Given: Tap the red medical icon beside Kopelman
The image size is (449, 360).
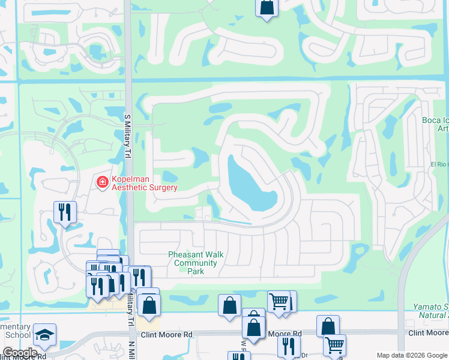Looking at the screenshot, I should pos(103,181).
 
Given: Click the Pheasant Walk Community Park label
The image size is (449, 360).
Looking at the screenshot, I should pos(196,263).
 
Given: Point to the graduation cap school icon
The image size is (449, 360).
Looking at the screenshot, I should pos(44,335).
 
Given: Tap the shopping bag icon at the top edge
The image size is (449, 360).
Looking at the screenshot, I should pos(266,8).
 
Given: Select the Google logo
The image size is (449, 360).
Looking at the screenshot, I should pos(19,353).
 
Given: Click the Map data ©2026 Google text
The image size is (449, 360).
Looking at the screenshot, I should pos(412,355).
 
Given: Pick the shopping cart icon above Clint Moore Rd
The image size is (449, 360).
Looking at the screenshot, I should pos(279,301).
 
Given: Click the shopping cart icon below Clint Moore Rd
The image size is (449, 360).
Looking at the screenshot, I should pos(334,344).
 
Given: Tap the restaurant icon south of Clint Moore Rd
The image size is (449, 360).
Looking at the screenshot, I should pos(289,346).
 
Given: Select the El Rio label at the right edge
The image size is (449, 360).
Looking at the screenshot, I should pos(439,164).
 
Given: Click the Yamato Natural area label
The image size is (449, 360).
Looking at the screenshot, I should pos(431,311).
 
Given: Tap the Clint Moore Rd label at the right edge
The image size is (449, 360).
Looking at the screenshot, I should pos(428,332).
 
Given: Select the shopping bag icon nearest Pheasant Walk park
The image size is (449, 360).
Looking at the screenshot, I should pos(229,305).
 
